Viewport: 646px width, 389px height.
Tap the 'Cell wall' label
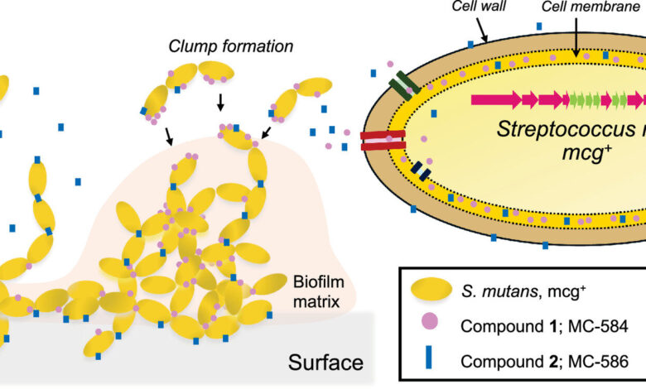coord(475,7)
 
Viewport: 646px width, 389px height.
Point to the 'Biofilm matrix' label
coord(316,291)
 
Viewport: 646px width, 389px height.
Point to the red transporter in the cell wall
coord(383,141)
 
